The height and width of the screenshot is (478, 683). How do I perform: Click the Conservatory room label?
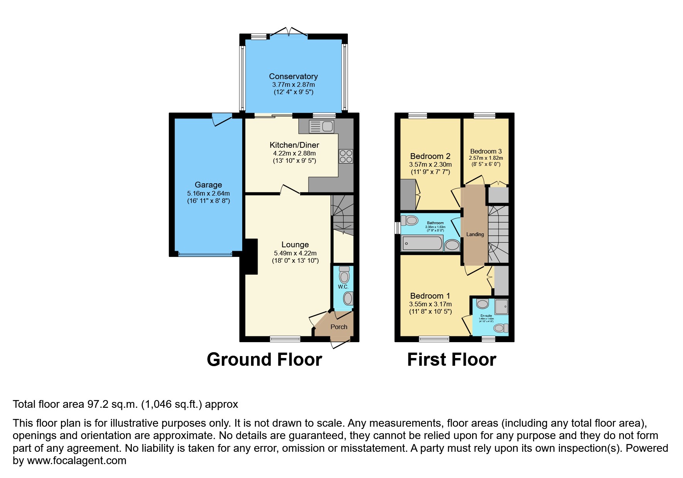[x=293, y=76]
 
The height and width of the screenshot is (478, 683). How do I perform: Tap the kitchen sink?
[x=322, y=126]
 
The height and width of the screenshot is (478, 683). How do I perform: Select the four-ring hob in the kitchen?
[x=346, y=157]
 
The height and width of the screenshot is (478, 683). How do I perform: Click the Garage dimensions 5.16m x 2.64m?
[x=208, y=193]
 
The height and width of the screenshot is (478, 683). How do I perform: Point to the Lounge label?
[x=295, y=245]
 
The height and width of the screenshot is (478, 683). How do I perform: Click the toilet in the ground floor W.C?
[x=344, y=275]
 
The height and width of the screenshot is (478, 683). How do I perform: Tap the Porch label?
[x=339, y=327]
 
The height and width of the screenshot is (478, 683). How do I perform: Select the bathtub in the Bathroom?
[x=422, y=243]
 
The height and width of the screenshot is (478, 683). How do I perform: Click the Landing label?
[x=475, y=234]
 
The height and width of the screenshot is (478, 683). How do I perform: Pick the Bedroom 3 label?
[x=486, y=151]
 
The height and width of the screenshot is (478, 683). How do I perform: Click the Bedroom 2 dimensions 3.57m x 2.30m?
[x=430, y=164]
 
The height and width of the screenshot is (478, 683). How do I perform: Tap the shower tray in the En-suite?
[x=501, y=307]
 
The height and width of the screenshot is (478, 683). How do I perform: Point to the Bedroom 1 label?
[x=430, y=296]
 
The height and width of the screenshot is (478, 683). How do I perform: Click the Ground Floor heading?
[x=264, y=360]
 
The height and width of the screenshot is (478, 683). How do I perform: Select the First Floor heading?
[x=451, y=360]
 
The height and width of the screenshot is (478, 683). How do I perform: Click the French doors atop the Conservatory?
[x=288, y=32]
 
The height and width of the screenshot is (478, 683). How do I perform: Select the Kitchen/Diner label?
[x=294, y=145]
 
